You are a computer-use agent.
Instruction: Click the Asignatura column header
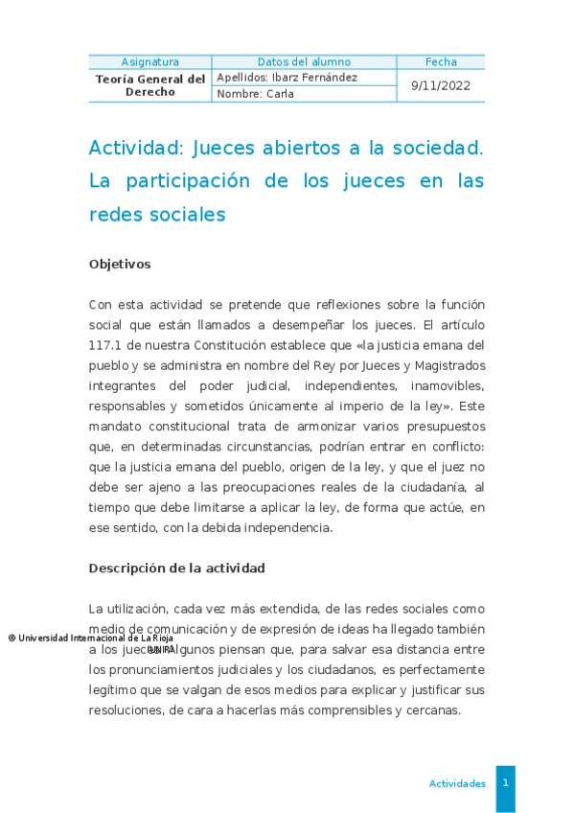tap(149, 62)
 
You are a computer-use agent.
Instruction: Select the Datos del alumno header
tap(304, 62)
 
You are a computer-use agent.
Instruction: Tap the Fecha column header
tap(441, 62)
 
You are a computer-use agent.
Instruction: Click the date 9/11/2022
tap(441, 85)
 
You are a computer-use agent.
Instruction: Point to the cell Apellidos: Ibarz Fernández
tap(287, 78)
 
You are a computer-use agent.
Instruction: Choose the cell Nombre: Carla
tap(256, 94)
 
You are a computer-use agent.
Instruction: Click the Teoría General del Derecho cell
tap(150, 85)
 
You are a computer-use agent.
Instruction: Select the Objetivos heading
tap(120, 264)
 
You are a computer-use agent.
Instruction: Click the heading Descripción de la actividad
tap(176, 569)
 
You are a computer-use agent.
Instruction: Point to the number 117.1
tap(108, 344)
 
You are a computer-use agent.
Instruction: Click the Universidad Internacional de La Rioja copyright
tap(91, 638)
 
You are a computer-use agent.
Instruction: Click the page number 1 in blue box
tap(505, 783)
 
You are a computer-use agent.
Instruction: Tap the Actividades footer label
tap(457, 783)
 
